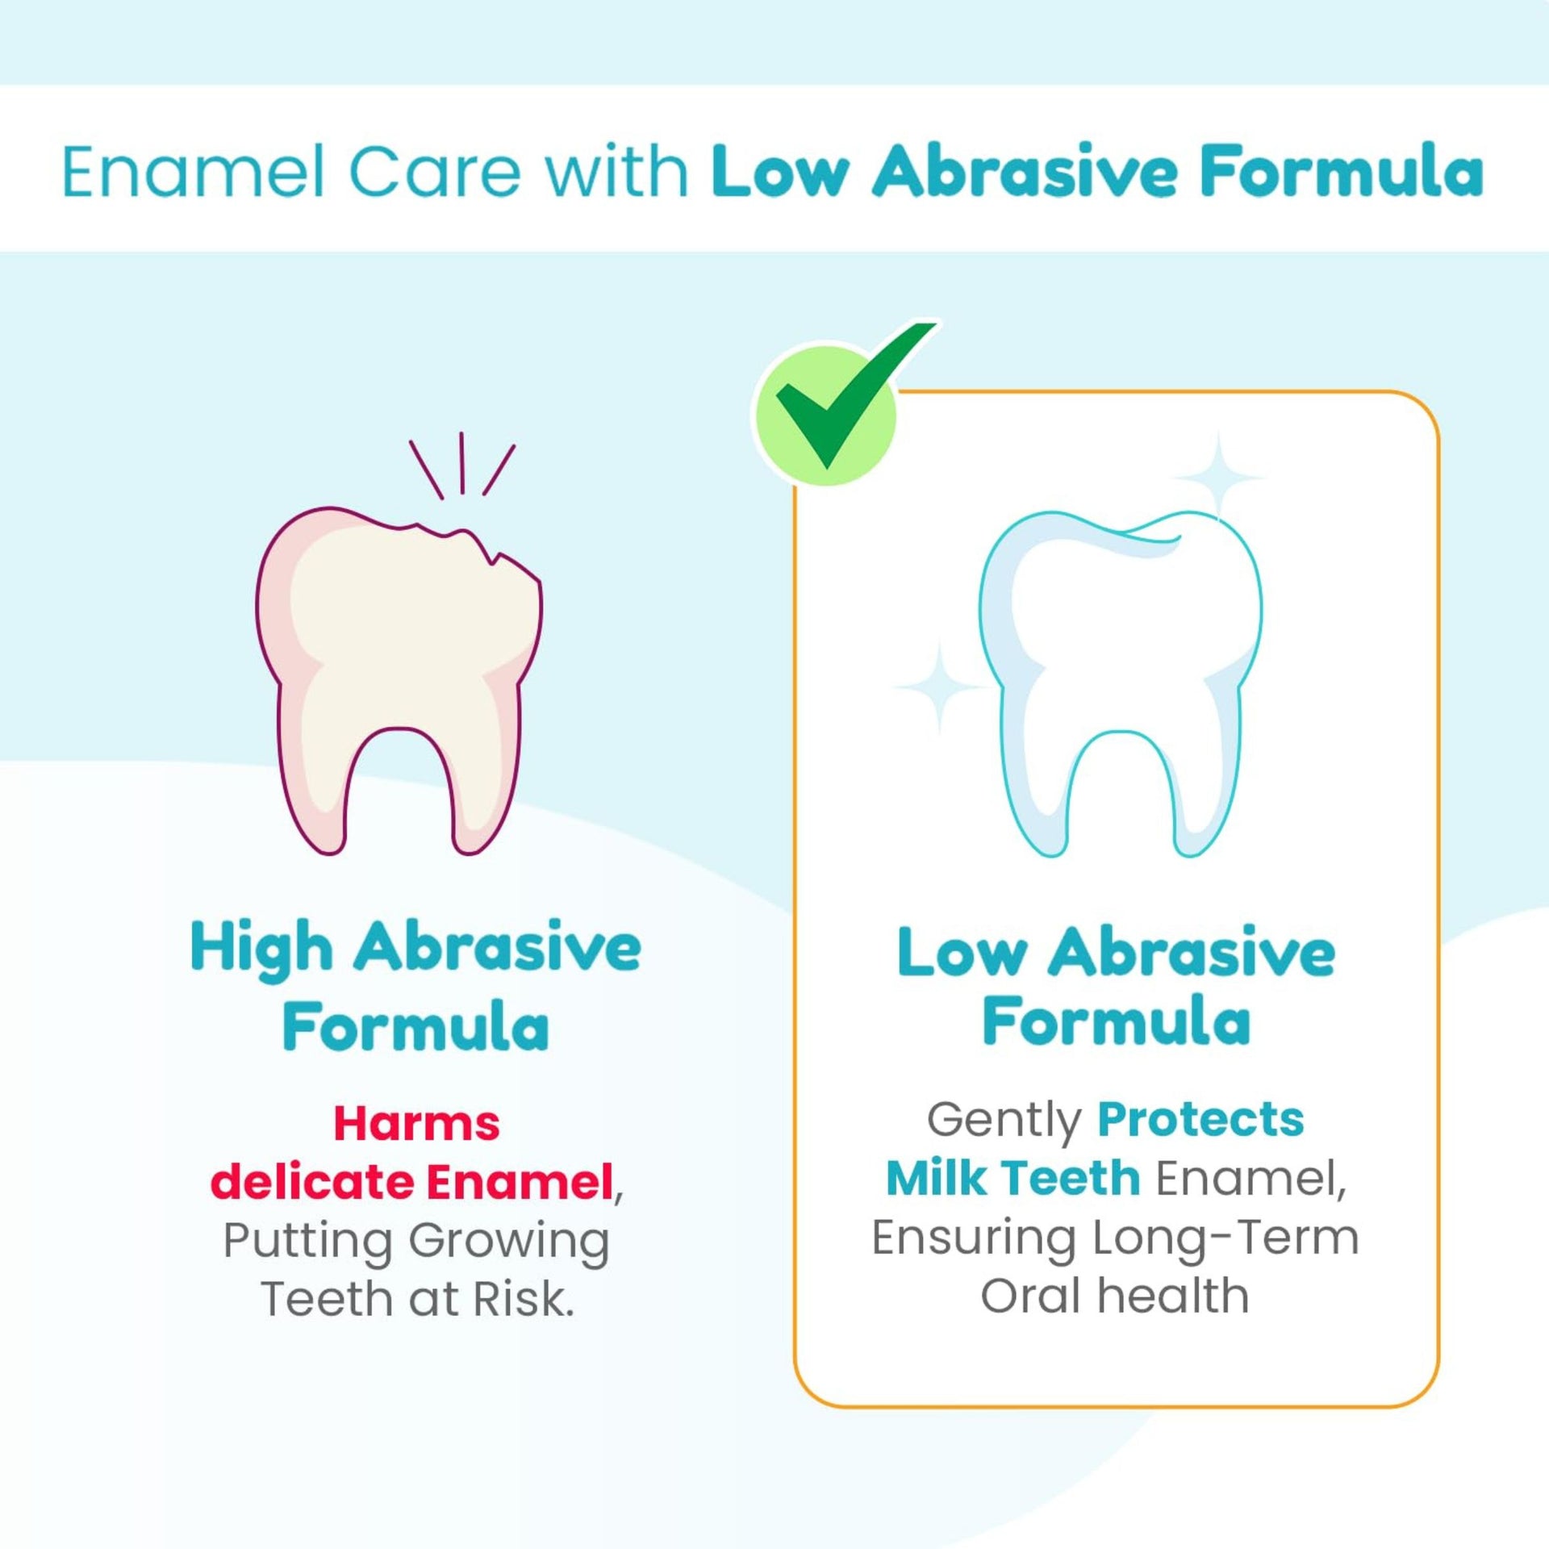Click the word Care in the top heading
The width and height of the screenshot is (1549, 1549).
(436, 172)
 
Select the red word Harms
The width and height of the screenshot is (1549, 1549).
(416, 1124)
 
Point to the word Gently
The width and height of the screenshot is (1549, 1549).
(1004, 1120)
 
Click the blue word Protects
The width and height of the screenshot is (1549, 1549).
(1200, 1120)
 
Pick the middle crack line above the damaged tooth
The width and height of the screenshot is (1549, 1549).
(461, 462)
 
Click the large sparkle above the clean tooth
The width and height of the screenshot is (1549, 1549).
(1218, 478)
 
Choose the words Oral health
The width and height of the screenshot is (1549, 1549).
(1114, 1296)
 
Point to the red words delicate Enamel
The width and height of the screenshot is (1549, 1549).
(411, 1183)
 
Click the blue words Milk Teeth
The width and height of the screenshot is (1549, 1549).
(1012, 1179)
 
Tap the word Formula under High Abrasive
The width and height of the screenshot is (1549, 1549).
(415, 1027)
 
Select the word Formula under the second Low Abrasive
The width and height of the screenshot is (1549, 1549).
(1116, 1021)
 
